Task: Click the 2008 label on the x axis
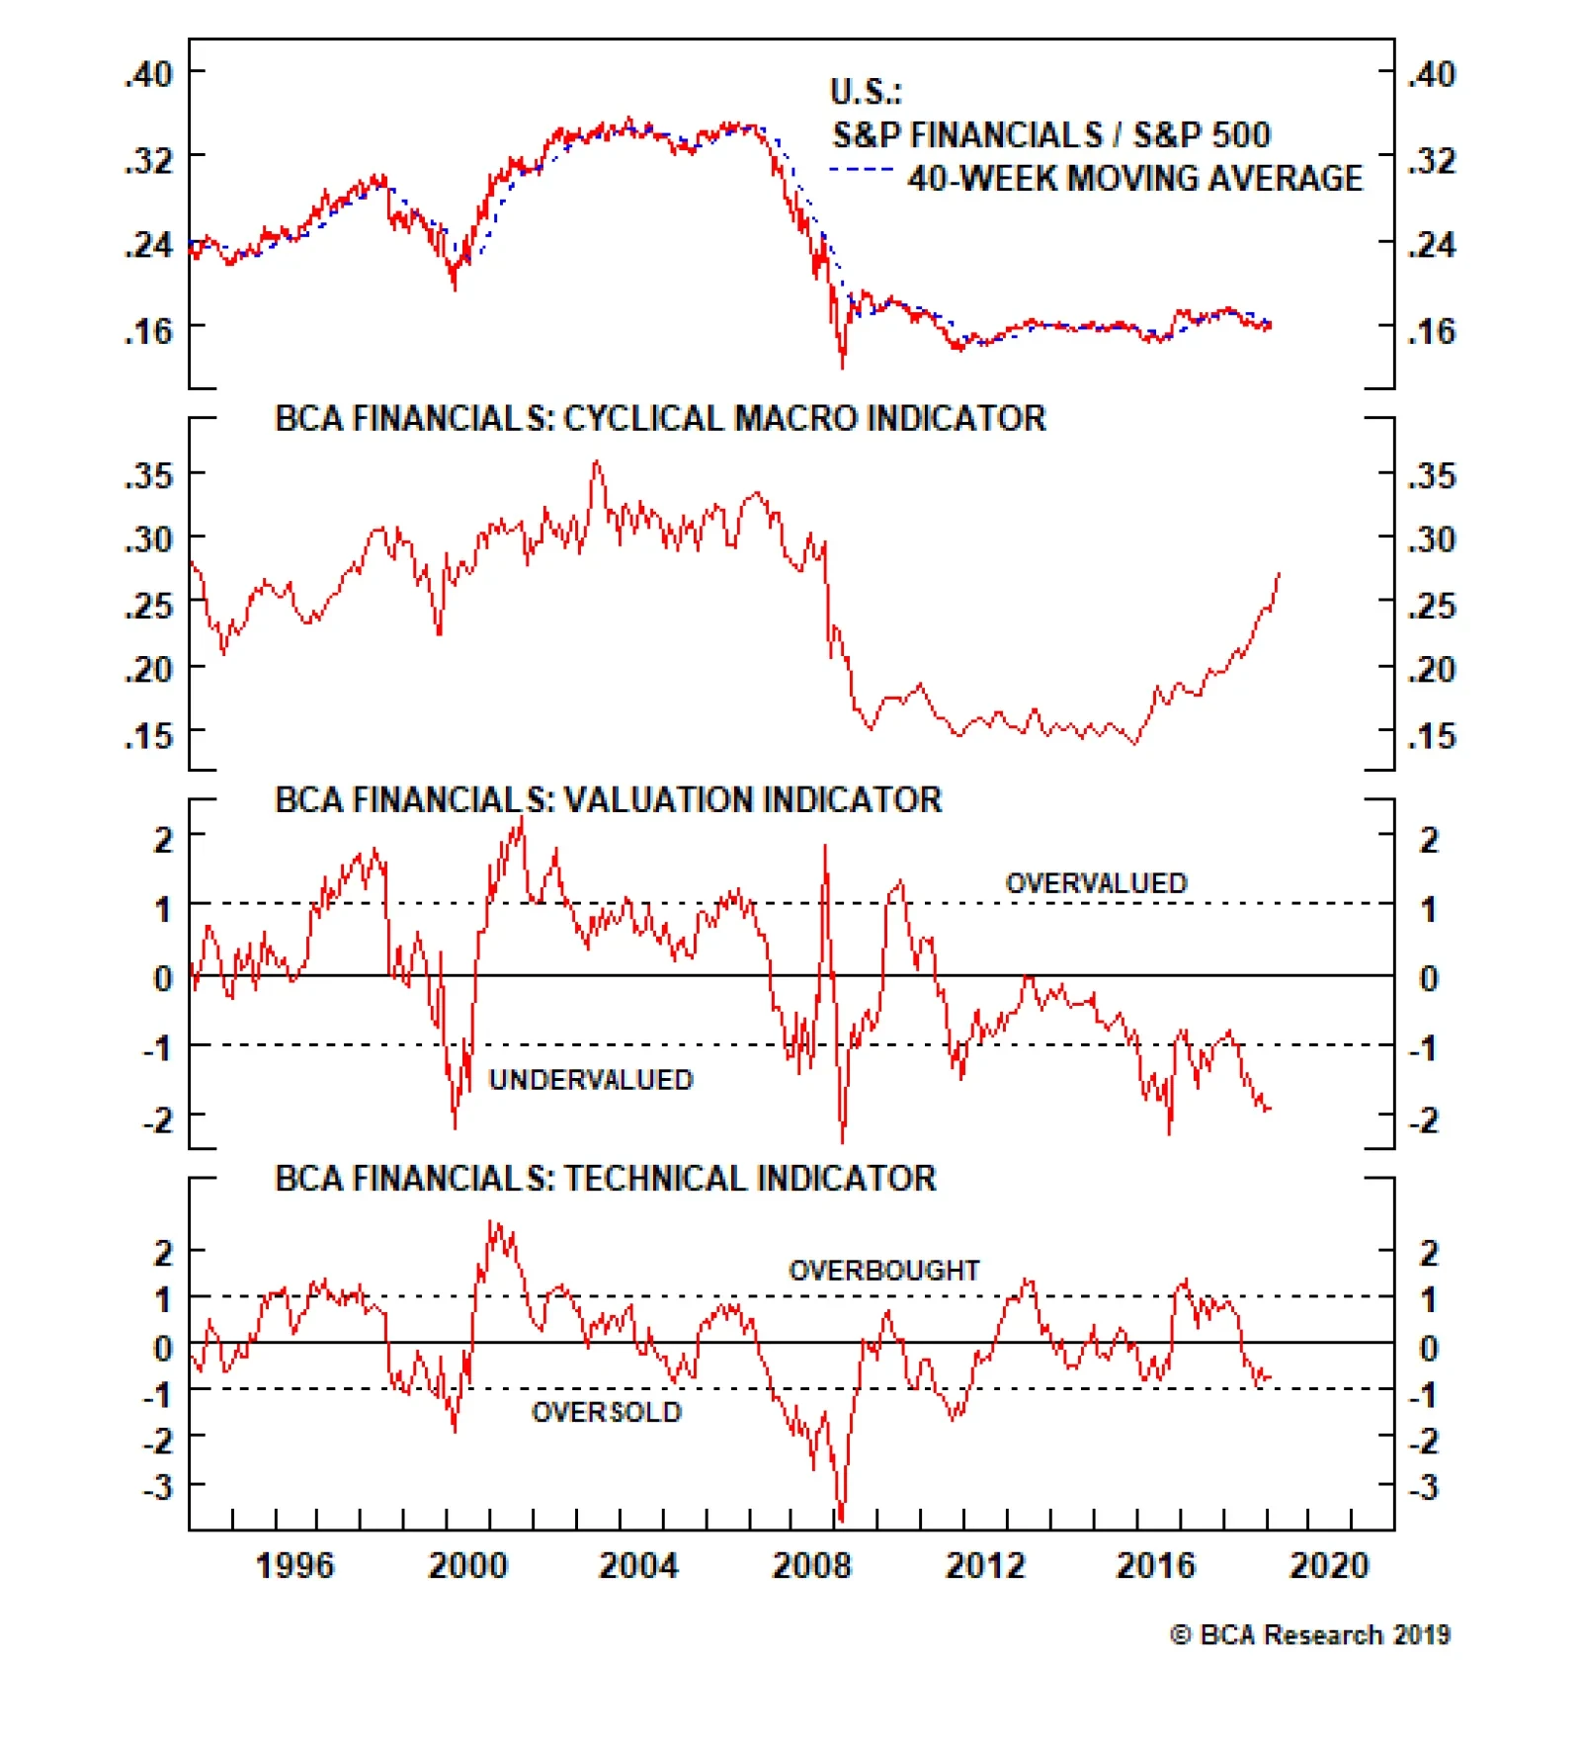[810, 1566]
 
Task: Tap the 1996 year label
[294, 1566]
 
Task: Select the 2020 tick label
[1328, 1566]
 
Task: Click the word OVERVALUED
[1096, 883]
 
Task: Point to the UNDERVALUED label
[591, 1080]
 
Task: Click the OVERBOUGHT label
[883, 1271]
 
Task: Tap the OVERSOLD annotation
[607, 1413]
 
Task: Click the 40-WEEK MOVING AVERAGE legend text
[1134, 179]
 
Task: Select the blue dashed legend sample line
[862, 170]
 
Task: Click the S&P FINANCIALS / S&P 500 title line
[1050, 135]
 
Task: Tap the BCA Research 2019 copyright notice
[1309, 1635]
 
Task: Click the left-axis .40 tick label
[148, 74]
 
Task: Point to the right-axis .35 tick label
[1432, 476]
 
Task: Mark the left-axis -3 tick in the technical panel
[157, 1487]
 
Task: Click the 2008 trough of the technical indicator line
[841, 1519]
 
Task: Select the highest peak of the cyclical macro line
[596, 461]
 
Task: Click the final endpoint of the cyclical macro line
[1279, 573]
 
